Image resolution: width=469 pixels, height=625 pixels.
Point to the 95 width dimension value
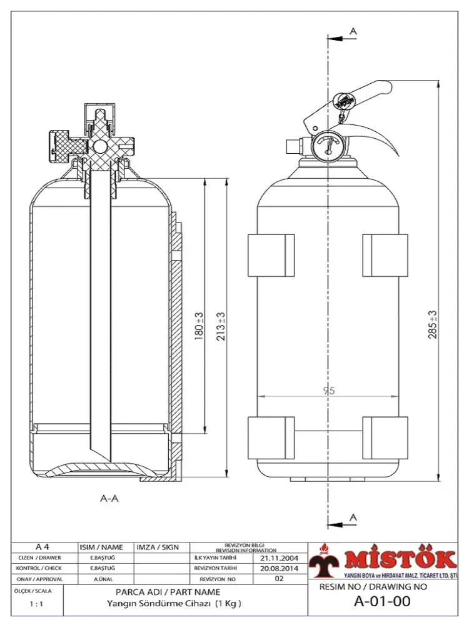[329, 391]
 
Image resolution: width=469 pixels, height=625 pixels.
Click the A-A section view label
[109, 499]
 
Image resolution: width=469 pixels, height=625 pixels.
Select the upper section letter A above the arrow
[353, 30]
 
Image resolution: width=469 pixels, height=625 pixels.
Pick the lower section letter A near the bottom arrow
[353, 517]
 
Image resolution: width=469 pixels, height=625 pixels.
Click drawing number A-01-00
[373, 602]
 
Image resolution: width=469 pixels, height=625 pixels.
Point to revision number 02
[279, 579]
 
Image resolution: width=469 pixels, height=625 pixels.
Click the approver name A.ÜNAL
[103, 579]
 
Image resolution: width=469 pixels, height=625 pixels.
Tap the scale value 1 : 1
[36, 604]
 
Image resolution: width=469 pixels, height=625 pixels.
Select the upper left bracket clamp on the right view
[271, 254]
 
